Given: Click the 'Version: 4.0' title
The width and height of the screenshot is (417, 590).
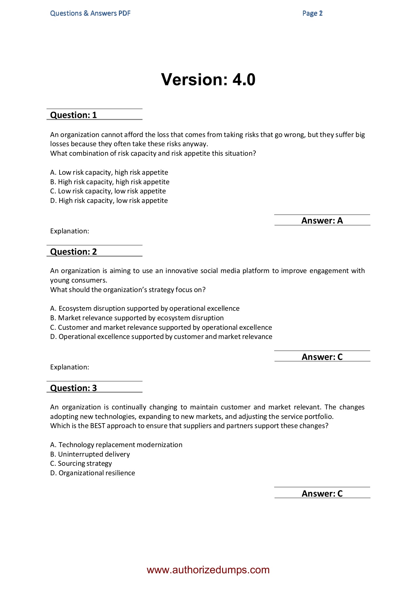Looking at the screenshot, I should (x=208, y=80).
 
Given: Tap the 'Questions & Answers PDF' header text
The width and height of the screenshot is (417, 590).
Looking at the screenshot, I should (x=90, y=13).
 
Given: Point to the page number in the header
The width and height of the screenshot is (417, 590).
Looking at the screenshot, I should (x=312, y=13).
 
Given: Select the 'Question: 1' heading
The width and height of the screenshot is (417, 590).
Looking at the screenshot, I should (x=73, y=115).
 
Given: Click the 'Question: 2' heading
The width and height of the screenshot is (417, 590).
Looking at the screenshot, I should (x=73, y=252).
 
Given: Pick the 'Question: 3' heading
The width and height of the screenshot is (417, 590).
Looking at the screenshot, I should (x=73, y=388).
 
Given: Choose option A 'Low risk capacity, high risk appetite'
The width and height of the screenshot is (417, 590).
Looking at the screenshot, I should (x=109, y=172).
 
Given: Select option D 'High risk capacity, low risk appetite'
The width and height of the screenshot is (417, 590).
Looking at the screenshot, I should (x=109, y=201).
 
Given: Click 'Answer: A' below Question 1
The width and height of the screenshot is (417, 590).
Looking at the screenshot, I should (x=322, y=221).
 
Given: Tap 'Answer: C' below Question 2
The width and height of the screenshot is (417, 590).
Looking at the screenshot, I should (x=322, y=357).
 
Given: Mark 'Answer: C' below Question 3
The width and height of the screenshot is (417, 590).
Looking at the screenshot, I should (x=322, y=494).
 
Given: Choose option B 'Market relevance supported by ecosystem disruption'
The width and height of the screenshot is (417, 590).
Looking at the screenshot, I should (x=137, y=318).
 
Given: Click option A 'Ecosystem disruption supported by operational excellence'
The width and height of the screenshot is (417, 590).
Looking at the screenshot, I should (x=145, y=308).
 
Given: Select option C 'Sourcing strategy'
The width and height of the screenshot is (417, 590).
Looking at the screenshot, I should (x=81, y=463).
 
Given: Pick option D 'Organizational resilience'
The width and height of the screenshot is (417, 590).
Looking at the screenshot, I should (x=92, y=473).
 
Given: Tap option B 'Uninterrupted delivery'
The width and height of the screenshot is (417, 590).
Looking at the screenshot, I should (x=90, y=454).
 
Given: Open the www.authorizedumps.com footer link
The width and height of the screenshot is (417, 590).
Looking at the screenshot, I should (x=208, y=570).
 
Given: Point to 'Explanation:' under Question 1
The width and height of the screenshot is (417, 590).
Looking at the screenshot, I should (x=69, y=231).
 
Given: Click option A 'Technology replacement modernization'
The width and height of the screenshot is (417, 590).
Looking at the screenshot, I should (x=116, y=445).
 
